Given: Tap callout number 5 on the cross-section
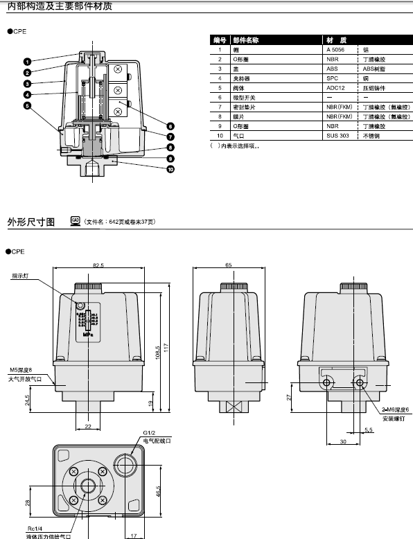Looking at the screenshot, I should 26,106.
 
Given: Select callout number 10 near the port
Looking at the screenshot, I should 170,169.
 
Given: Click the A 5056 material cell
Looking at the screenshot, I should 334,50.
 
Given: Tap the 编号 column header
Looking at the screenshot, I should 220,40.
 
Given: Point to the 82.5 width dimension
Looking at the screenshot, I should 98,265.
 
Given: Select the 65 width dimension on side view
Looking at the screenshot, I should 228,265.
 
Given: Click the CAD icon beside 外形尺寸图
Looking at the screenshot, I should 76,220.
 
